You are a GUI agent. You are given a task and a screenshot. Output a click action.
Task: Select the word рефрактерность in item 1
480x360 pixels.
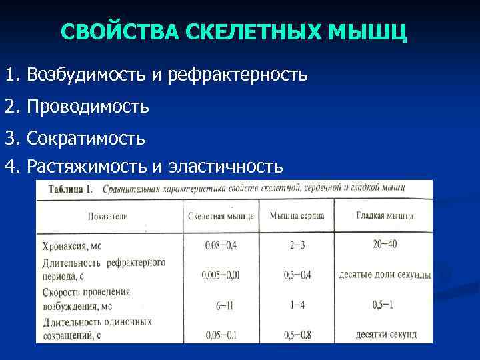[237, 74]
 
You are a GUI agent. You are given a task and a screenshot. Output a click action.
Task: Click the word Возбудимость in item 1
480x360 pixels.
[86, 74]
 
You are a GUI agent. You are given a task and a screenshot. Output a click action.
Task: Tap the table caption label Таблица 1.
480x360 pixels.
[71, 189]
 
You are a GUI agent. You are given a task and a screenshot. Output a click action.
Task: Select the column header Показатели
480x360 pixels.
[107, 216]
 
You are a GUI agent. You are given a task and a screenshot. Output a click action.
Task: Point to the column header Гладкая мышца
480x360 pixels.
[385, 216]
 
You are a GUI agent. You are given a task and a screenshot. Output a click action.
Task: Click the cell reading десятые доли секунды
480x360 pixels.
[385, 275]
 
